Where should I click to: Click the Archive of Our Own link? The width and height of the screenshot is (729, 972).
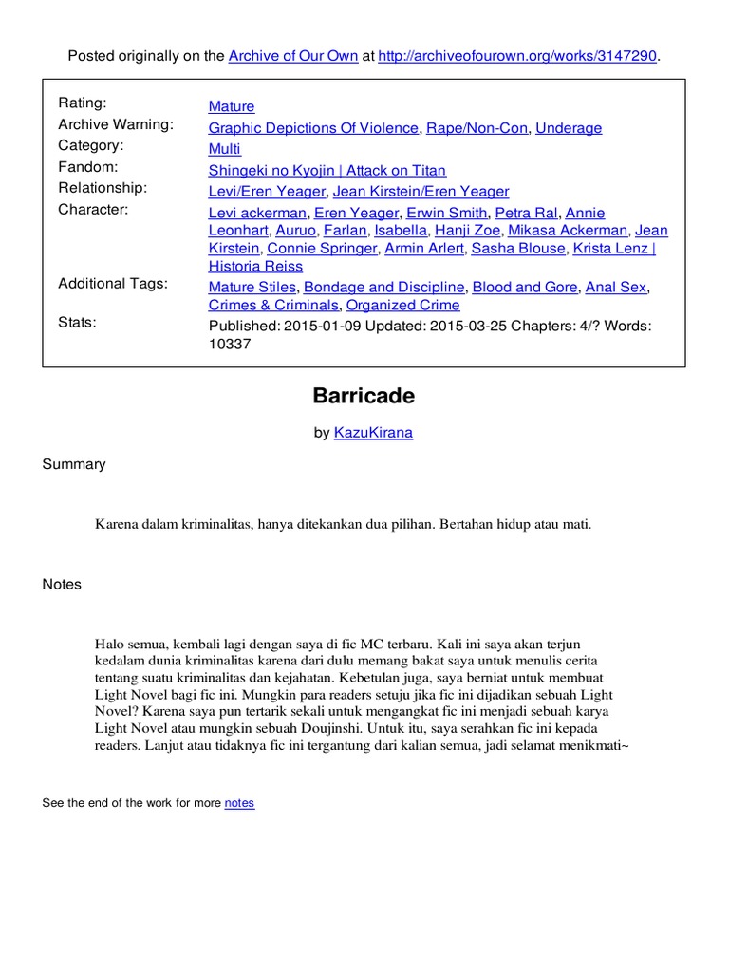pyautogui.click(x=293, y=57)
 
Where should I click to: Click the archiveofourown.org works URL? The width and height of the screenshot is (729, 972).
pyautogui.click(x=516, y=57)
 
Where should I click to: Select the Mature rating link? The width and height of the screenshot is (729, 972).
pyautogui.click(x=232, y=106)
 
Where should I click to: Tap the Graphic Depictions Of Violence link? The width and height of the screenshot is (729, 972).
pyautogui.click(x=313, y=128)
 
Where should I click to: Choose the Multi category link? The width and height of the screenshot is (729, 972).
pyautogui.click(x=225, y=149)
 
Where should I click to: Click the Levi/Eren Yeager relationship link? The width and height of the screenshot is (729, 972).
pyautogui.click(x=265, y=192)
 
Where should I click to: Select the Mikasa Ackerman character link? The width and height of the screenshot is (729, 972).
pyautogui.click(x=568, y=230)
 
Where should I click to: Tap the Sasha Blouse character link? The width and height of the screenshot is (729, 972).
pyautogui.click(x=518, y=249)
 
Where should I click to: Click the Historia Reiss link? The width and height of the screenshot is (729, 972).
pyautogui.click(x=256, y=267)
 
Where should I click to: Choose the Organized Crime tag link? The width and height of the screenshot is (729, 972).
pyautogui.click(x=402, y=306)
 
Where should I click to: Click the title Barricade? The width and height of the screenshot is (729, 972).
pyautogui.click(x=364, y=396)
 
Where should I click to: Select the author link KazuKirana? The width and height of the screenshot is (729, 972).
pyautogui.click(x=373, y=433)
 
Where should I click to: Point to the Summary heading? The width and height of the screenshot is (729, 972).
pyautogui.click(x=74, y=464)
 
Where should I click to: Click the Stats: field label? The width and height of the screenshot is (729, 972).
pyautogui.click(x=77, y=323)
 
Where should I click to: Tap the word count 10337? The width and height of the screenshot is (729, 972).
pyautogui.click(x=230, y=345)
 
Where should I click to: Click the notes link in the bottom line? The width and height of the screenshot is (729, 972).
pyautogui.click(x=239, y=803)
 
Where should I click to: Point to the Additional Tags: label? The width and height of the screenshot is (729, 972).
pyautogui.click(x=113, y=284)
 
